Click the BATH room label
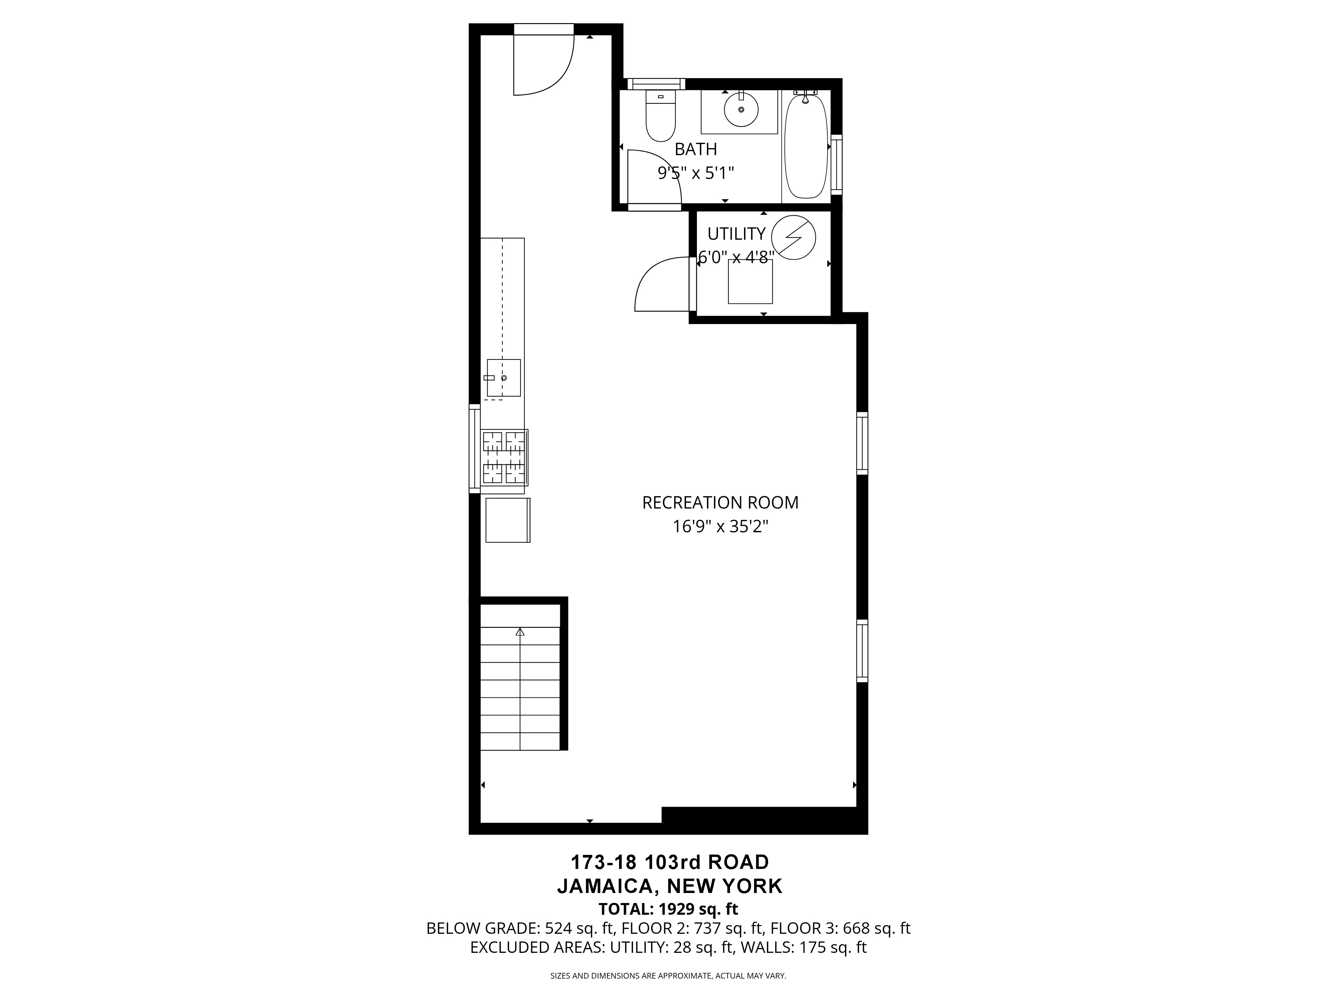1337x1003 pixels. point(696,149)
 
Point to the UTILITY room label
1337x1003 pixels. point(736,233)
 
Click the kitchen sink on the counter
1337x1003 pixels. point(503,378)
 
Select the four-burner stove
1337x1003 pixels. point(504,458)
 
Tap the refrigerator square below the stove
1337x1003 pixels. point(508,520)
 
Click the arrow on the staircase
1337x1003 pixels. point(520,633)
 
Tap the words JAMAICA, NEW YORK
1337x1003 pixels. point(670,886)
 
